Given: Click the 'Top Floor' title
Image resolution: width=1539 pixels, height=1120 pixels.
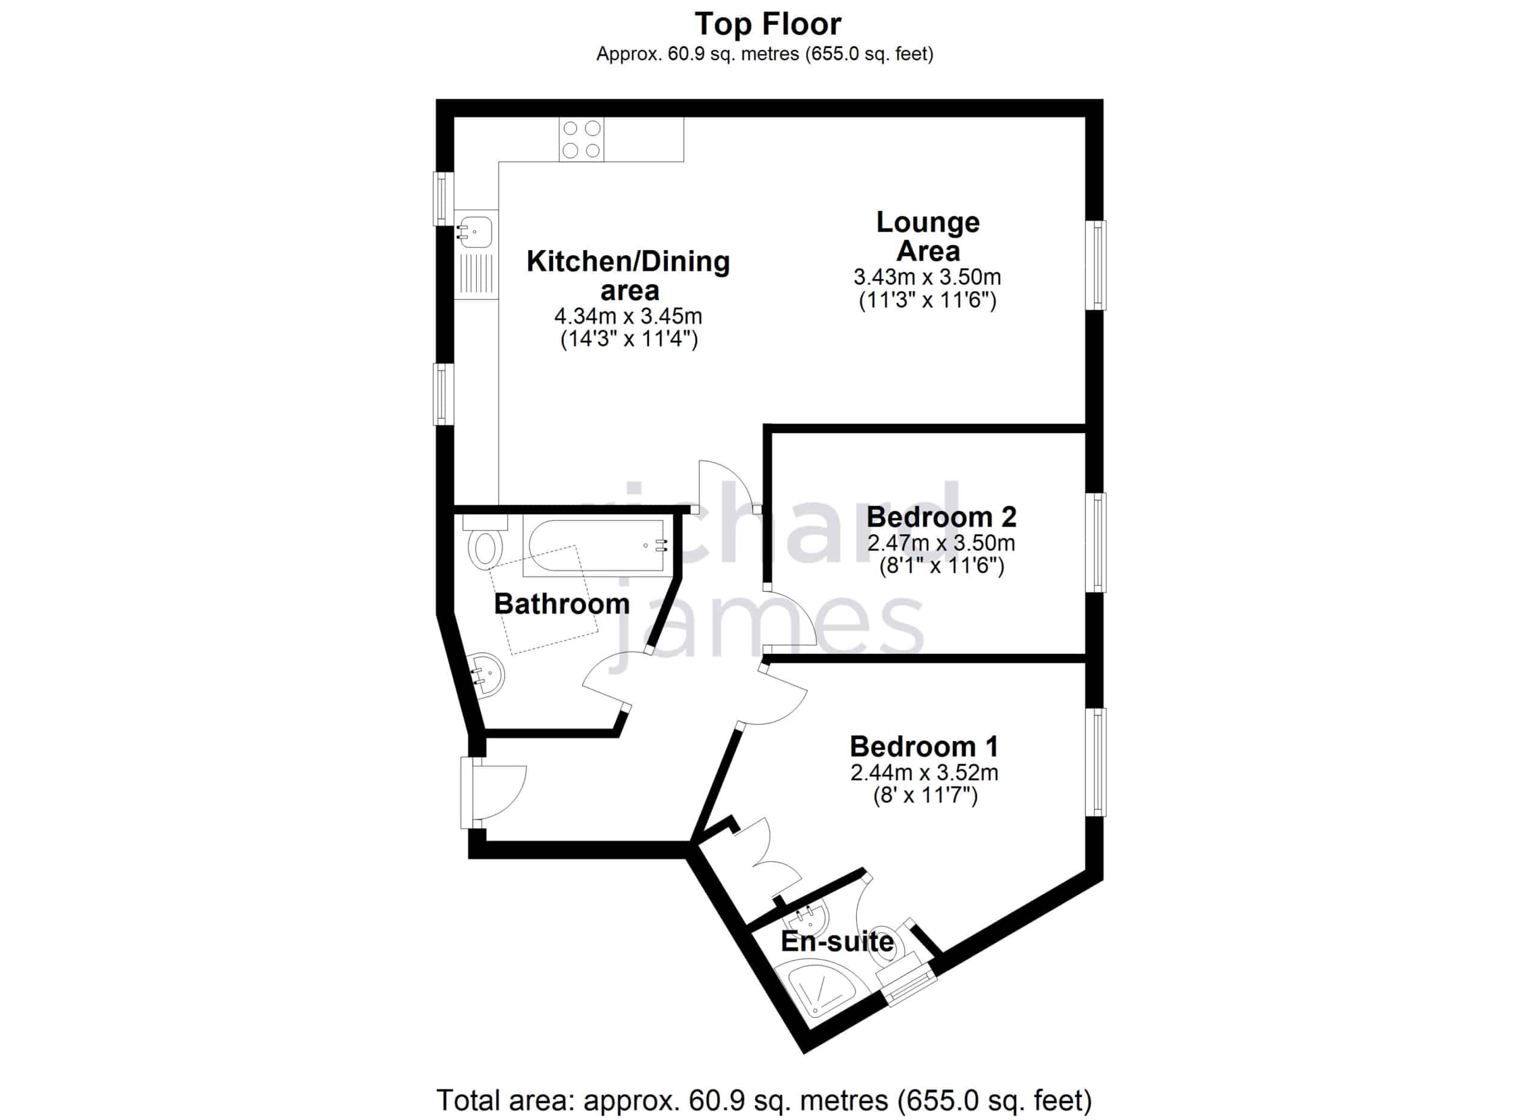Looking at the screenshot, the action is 768,25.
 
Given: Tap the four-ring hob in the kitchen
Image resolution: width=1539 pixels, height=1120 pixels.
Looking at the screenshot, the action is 581,139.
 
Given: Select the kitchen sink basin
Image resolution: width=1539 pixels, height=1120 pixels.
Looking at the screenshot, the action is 476,232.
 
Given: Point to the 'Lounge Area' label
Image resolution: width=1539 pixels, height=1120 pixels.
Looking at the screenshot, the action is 928,236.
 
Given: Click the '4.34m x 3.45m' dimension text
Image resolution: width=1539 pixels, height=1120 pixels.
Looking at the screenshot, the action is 628,316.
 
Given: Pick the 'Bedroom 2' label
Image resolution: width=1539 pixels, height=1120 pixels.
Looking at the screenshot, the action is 941,517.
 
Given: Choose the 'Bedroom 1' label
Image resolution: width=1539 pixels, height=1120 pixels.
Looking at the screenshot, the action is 924,746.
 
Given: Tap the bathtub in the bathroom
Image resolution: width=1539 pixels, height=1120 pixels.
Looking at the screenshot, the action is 595,545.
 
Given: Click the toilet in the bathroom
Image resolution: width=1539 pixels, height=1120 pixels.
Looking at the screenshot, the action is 485,543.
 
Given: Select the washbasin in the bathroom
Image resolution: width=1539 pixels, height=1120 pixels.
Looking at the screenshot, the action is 488,675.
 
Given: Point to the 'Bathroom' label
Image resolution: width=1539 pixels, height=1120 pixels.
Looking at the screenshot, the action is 562,604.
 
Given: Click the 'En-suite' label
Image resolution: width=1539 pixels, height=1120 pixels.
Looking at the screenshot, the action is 837,942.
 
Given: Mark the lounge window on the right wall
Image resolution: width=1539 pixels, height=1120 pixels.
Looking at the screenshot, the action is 1097,265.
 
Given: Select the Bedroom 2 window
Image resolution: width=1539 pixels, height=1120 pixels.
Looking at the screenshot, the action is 1097,543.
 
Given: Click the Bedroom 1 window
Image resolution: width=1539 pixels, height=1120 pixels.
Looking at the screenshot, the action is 1097,762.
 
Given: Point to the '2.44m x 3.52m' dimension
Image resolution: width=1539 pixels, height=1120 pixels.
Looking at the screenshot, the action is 924,772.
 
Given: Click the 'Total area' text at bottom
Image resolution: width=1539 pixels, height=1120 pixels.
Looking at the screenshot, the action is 764,1100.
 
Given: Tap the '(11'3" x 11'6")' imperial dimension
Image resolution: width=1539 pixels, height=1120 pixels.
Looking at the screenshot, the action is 928,300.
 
